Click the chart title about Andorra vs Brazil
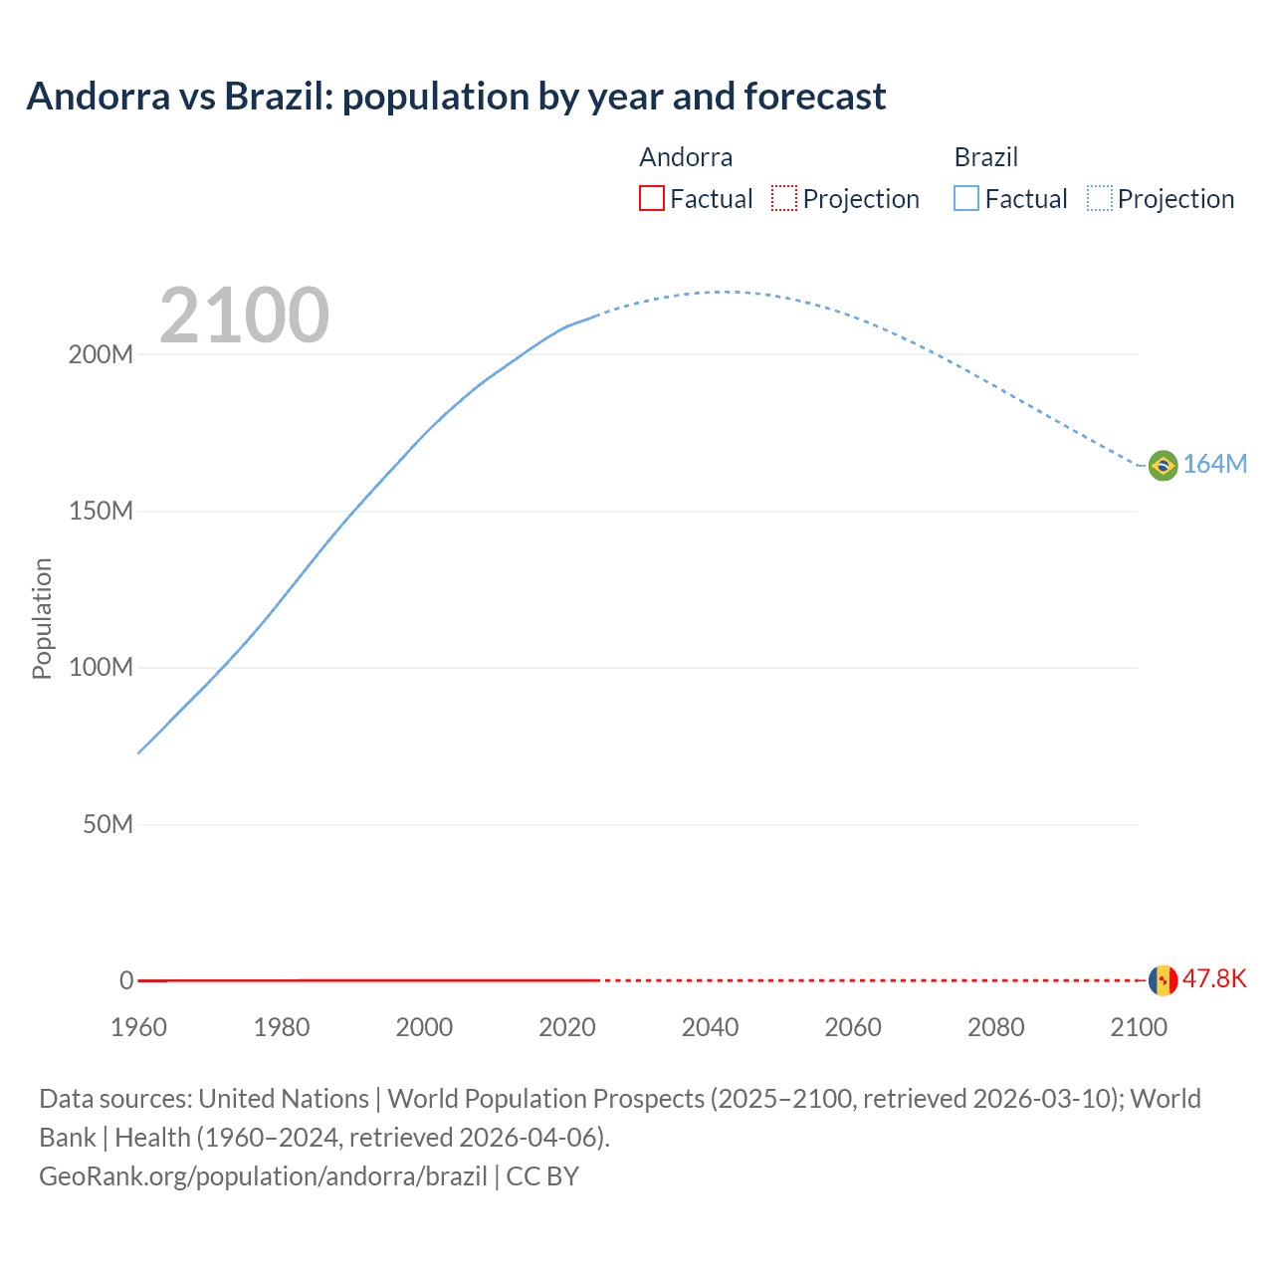tap(456, 97)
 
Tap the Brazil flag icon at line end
tap(1163, 465)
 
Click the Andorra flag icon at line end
tap(1163, 980)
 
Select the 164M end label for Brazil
tap(1214, 465)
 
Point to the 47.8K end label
tap(1214, 979)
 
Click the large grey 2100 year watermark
tap(244, 316)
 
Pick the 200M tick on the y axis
tap(101, 355)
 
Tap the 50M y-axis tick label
tap(107, 825)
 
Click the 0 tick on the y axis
tap(126, 981)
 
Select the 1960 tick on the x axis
tap(138, 1027)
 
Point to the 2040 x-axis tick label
tap(710, 1027)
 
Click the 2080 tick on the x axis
tap(995, 1027)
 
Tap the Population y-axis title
tap(42, 618)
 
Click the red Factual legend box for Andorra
tap(652, 199)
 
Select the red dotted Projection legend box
tap(784, 199)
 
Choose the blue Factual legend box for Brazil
tap(966, 199)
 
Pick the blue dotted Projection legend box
tap(1099, 199)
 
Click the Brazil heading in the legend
tap(985, 157)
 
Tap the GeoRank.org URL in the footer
tap(263, 1176)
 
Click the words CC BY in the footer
tap(542, 1176)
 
